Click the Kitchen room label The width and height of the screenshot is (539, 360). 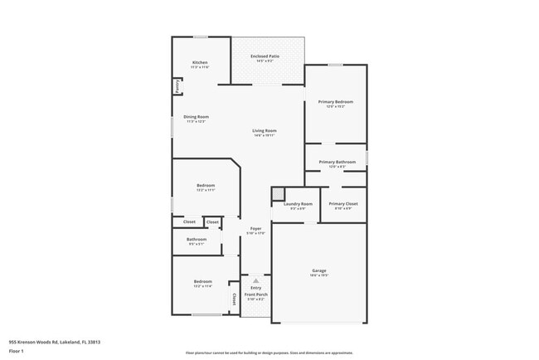coord(200,62)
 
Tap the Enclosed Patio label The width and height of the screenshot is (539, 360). coord(265,56)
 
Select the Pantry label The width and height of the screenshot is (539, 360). coord(177,86)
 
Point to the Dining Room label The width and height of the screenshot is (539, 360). coord(197,117)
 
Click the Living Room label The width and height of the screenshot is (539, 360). coord(265,130)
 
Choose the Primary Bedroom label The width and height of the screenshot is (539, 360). coord(336,102)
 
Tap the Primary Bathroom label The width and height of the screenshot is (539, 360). coord(337,162)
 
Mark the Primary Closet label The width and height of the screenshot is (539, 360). coord(342,203)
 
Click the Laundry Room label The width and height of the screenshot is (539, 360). coord(298,203)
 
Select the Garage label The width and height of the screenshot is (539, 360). coord(319,270)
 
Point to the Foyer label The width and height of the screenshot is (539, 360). coord(256,228)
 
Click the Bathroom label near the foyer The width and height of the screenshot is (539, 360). coord(197,239)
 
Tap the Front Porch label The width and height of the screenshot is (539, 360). coord(256,294)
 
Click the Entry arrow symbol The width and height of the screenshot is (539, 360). coord(256,280)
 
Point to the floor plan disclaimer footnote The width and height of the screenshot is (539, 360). coord(269,353)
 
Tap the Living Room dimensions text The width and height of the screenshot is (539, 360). coord(265,135)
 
